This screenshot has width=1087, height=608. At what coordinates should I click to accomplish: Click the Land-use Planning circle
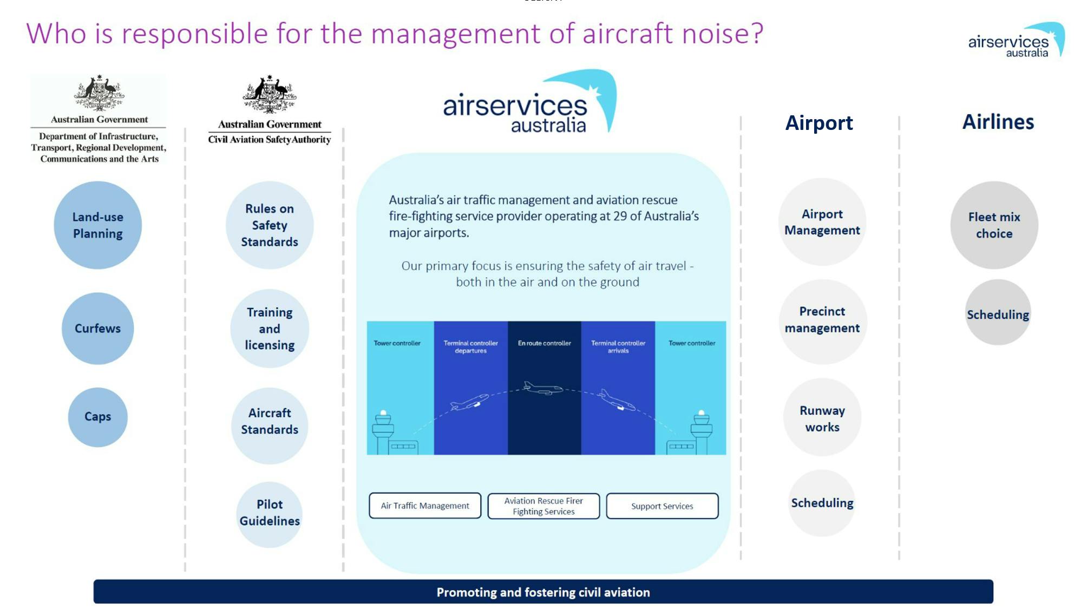[97, 225]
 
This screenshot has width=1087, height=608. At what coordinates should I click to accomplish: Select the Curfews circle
[97, 328]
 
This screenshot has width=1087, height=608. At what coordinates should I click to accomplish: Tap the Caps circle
[97, 416]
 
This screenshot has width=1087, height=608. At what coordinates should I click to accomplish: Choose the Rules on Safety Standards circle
[270, 225]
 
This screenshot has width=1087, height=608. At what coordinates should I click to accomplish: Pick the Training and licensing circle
[270, 328]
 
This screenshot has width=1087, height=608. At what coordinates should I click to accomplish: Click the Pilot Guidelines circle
[270, 514]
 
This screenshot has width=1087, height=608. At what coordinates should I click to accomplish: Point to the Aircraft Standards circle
[270, 425]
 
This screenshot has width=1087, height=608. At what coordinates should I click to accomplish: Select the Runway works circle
[822, 417]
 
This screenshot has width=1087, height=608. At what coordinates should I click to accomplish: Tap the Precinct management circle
[822, 321]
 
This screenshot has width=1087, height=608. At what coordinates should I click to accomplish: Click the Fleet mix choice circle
[994, 225]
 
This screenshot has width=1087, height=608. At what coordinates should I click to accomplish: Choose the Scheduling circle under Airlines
[998, 312]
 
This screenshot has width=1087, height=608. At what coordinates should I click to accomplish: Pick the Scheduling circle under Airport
[822, 502]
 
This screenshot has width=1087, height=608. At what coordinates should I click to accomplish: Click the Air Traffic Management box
[425, 505]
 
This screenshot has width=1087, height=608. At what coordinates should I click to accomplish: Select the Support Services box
[662, 506]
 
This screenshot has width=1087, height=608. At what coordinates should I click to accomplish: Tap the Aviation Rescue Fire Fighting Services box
[543, 506]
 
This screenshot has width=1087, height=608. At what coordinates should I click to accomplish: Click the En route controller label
[544, 343]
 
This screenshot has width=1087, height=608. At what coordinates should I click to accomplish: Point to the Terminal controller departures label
[470, 347]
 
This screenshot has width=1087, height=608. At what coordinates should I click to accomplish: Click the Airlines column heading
[998, 122]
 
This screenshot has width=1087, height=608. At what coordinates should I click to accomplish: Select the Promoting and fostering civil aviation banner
[543, 591]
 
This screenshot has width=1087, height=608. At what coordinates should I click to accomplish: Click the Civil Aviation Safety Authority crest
[270, 94]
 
